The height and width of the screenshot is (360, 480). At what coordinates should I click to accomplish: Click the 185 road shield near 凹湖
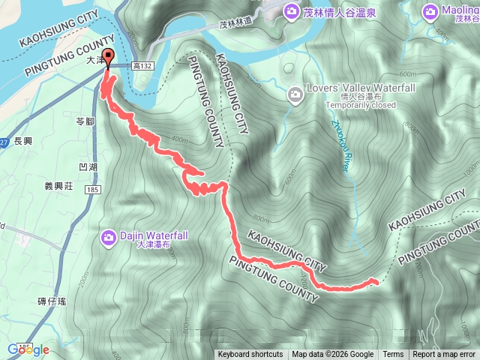92,190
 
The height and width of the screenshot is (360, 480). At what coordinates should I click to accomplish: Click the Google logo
28,349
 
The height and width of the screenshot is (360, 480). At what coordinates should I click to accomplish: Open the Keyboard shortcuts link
250,355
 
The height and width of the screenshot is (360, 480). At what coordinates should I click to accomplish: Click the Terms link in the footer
393,355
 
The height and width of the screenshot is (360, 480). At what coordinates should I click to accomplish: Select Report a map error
445,355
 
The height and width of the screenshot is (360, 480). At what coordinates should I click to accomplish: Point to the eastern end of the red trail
374,280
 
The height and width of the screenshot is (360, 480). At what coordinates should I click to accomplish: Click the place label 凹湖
88,166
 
